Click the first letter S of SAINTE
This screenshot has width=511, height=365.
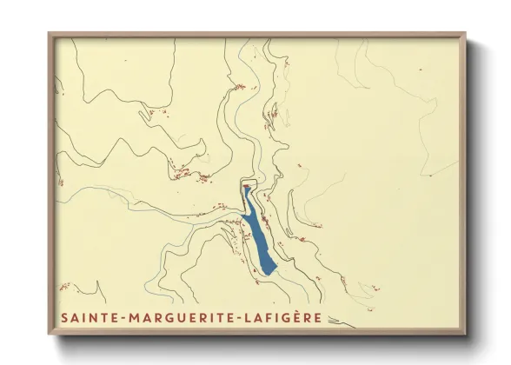click(64, 317)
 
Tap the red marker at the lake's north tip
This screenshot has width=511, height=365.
click(247, 185)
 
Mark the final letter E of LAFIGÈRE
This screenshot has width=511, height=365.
click(318, 317)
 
